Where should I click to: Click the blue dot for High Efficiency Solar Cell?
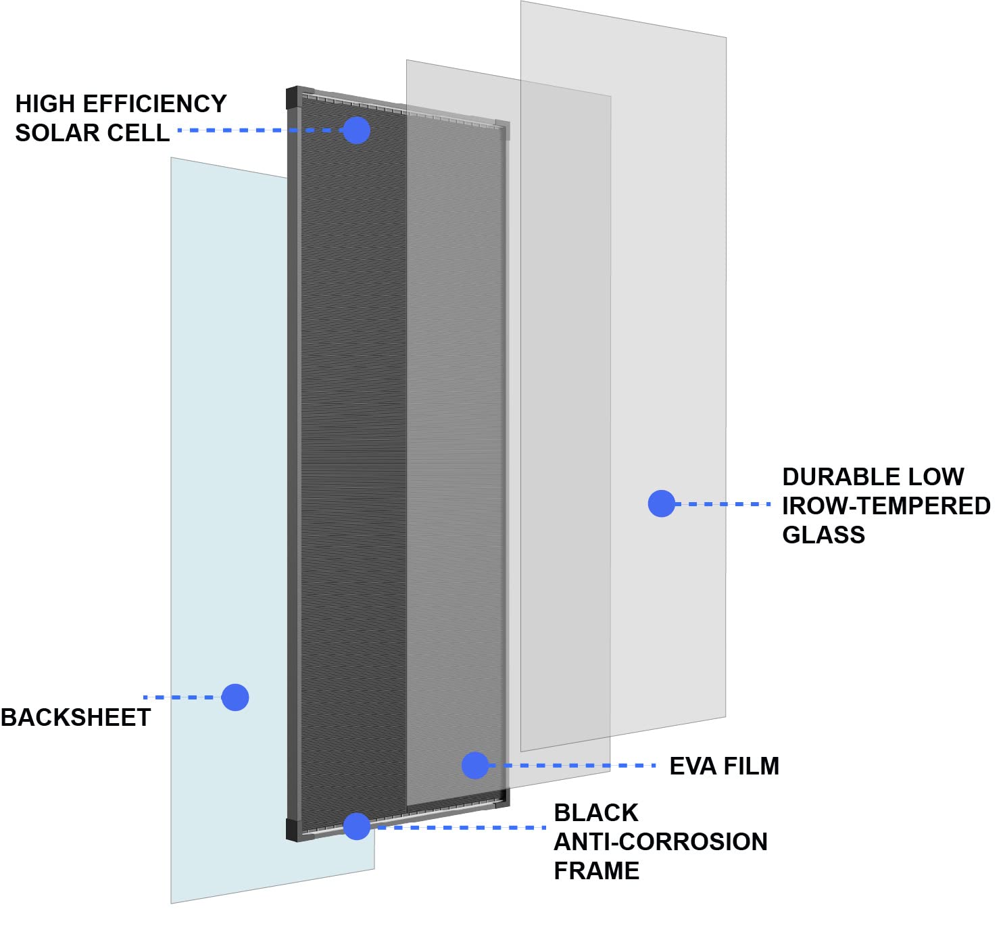[x=357, y=130]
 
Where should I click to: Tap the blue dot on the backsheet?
[x=235, y=697]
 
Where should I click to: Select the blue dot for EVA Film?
[x=474, y=765]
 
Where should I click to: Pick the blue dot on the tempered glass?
[x=661, y=503]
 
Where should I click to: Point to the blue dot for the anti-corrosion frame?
[x=357, y=827]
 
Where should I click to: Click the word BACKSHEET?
[x=76, y=718]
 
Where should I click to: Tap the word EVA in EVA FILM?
[x=693, y=766]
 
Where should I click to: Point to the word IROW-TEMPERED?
[x=886, y=506]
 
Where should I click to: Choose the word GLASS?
[x=823, y=535]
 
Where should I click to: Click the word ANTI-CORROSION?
[x=660, y=842]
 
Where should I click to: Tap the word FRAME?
[x=596, y=871]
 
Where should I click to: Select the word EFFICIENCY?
[x=155, y=104]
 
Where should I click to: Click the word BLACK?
[x=596, y=813]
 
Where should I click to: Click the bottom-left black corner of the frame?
[x=293, y=829]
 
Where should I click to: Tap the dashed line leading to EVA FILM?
[x=572, y=766]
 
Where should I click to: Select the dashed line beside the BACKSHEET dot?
[x=182, y=697]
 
